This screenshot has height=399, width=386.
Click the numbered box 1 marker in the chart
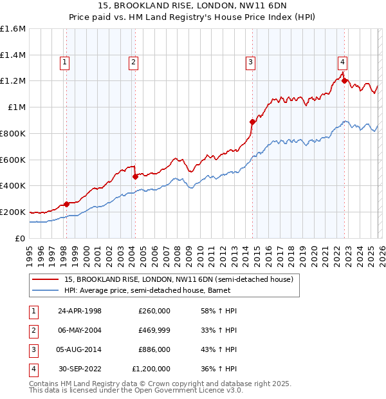coord(66,62)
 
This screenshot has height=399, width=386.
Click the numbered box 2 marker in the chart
coord(133,62)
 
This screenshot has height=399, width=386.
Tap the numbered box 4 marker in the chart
coord(342,62)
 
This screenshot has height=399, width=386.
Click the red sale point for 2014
coord(252,122)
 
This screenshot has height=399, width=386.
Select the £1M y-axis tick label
coord(16,107)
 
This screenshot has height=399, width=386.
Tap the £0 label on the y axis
coord(19,238)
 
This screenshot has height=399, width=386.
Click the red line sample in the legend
coord(46,279)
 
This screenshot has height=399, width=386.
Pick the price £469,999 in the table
coord(154,330)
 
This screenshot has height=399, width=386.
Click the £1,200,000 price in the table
coord(151,369)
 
